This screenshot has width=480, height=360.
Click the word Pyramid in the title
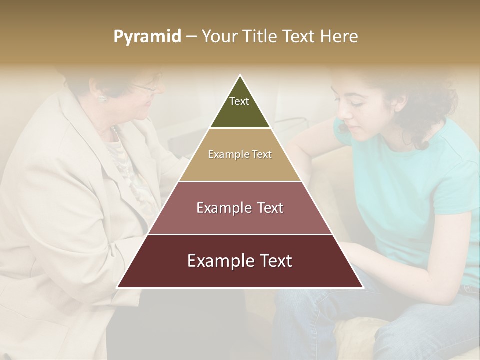[147, 37]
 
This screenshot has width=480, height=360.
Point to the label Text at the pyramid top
[239, 101]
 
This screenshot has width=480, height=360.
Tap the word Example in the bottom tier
[216, 261]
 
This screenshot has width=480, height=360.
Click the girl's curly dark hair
[425, 100]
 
